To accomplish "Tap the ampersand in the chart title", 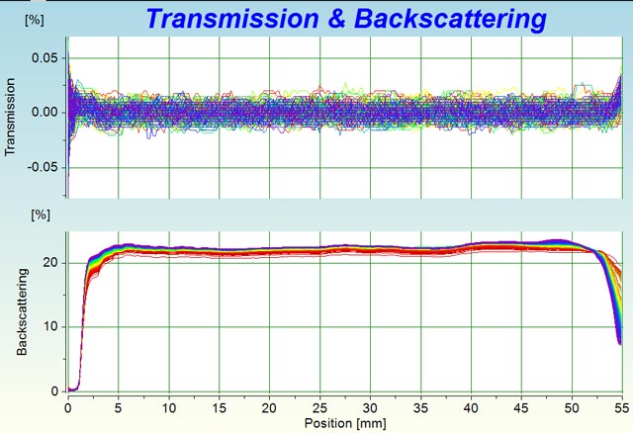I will point(333,18).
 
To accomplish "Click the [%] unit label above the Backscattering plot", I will point(40,214).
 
